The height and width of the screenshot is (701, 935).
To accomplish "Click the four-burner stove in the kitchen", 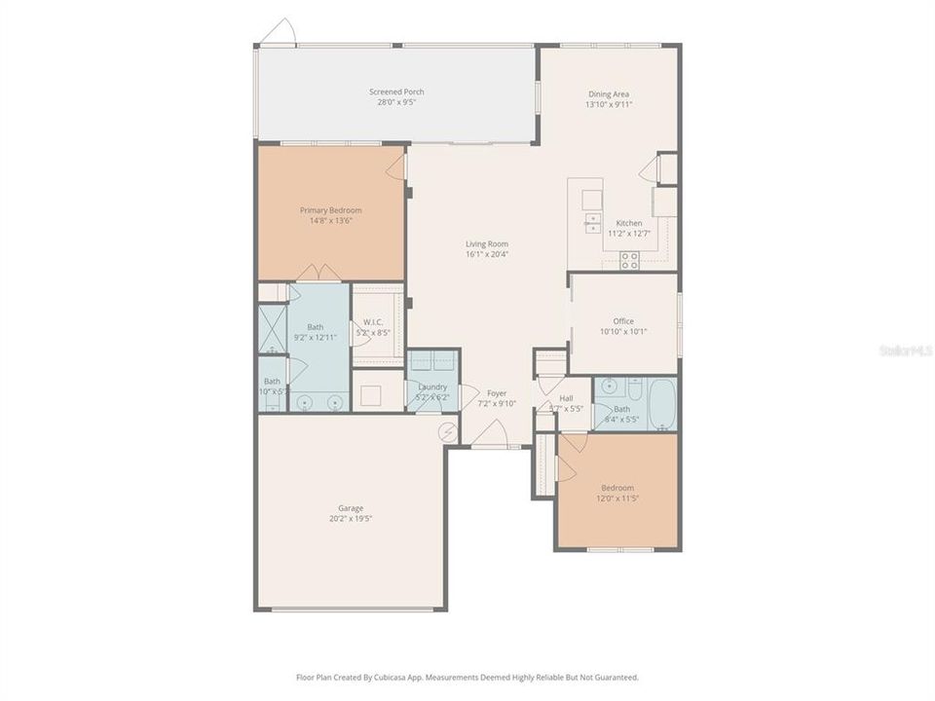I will coord(630,259).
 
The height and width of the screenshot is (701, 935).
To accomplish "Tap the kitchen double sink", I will coord(592,223).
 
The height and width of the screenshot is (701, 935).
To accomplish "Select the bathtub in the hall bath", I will coord(662,403).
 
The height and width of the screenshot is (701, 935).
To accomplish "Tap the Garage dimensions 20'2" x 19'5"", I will coord(351,519).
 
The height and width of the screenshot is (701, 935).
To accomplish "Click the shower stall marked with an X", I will coord(271,329).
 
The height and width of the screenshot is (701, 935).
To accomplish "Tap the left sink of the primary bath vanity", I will coord(305,400).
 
